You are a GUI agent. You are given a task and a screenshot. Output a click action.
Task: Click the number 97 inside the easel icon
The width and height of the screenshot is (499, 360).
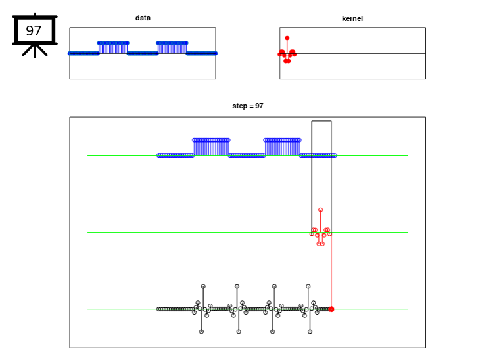tap(34, 30)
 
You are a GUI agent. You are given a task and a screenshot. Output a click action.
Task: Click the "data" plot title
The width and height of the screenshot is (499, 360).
tap(143, 18)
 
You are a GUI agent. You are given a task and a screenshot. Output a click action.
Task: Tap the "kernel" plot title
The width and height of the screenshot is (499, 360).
tap(352, 18)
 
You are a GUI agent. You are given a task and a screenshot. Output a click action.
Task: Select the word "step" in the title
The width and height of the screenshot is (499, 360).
tap(239, 106)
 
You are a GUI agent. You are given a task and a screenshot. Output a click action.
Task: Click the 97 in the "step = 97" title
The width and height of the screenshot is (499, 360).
tap(260, 106)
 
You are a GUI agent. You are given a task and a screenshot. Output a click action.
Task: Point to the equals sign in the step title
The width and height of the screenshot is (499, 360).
tap(250, 106)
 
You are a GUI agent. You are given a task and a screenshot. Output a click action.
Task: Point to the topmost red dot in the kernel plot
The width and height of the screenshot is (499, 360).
tap(287, 38)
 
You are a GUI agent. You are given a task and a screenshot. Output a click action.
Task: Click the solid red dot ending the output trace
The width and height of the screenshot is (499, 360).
tap(331, 309)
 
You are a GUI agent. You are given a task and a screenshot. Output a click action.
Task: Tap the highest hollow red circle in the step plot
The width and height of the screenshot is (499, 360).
tap(320, 210)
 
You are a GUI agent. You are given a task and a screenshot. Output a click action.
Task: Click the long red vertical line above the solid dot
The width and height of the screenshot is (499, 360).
tap(331, 271)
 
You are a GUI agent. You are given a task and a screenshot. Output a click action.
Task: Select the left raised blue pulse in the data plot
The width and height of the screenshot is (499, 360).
tap(113, 48)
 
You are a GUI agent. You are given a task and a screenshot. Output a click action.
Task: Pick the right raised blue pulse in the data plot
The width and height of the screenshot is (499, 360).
tap(172, 48)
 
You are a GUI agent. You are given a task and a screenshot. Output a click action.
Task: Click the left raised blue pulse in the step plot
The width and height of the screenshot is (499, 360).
tap(211, 147)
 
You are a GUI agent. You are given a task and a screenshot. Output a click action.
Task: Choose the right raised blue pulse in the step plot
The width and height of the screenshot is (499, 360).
tap(282, 147)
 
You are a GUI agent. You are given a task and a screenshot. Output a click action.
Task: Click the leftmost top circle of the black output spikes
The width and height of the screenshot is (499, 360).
tap(203, 286)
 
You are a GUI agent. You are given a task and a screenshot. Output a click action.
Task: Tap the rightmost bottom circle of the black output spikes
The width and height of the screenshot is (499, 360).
tap(310, 332)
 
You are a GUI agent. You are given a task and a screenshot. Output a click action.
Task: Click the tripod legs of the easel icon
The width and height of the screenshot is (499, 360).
tap(35, 51)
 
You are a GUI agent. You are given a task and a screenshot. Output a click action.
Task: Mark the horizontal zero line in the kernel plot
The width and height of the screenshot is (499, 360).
tap(352, 53)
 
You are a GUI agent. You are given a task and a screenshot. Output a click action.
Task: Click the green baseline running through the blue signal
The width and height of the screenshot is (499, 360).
tap(248, 156)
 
